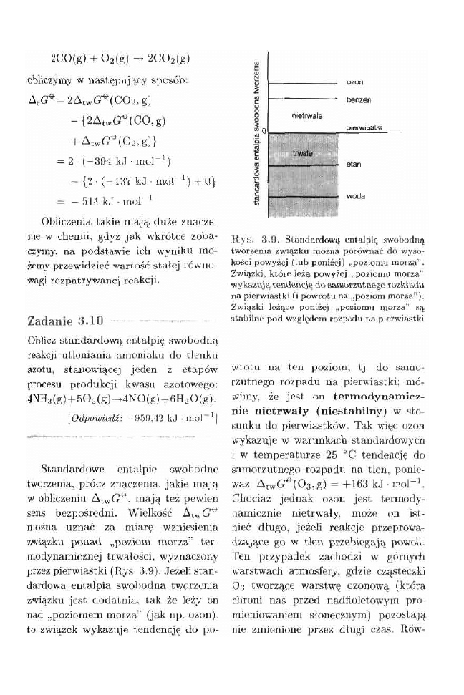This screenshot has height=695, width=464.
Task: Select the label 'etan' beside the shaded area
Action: tap(353, 165)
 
